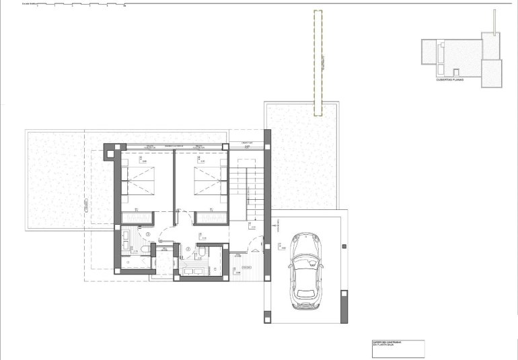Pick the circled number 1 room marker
pyautogui.click(x=147, y=234)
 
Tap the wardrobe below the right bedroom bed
pyautogui.click(x=211, y=217)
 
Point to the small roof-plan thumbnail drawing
pyautogui.click(x=461, y=57)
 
